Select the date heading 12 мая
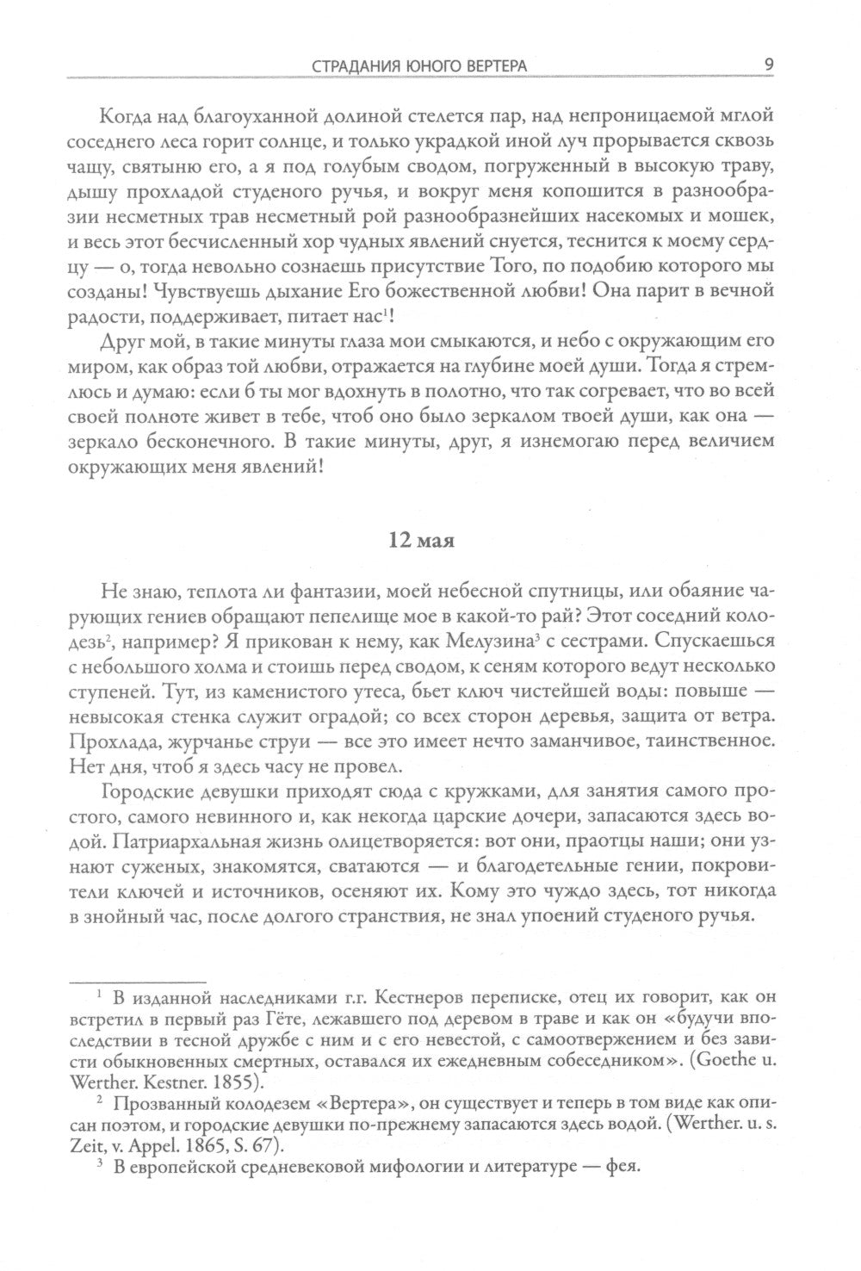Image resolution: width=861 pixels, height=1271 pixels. [x=421, y=541]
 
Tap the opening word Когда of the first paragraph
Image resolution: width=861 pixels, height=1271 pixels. [x=127, y=116]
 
